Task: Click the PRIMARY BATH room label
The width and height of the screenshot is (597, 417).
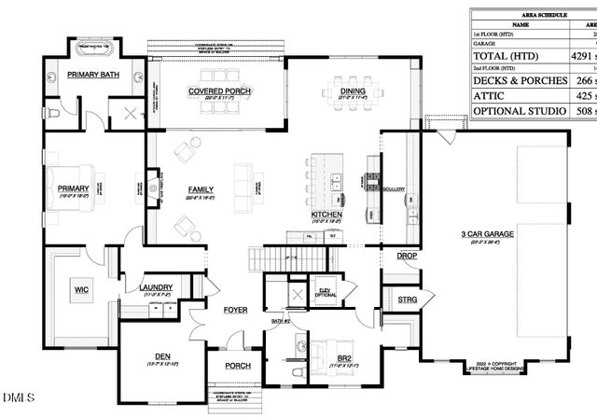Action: [90, 75]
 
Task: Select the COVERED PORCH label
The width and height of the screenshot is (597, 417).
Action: [219, 91]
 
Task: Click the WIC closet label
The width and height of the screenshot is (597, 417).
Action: [81, 290]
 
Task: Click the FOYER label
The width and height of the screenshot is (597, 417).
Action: [234, 309]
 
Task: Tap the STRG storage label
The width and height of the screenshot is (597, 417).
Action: [407, 299]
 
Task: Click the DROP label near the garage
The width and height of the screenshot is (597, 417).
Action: [407, 255]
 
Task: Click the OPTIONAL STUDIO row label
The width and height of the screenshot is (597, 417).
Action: [520, 111]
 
